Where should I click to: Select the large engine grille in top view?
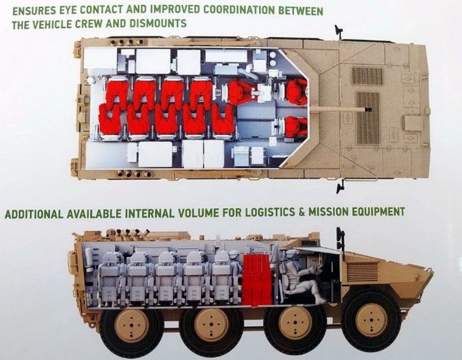pos(368,118)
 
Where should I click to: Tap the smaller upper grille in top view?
pos(367,76)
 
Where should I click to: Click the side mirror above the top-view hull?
pos(339,31)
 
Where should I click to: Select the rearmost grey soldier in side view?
pos(111,275)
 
